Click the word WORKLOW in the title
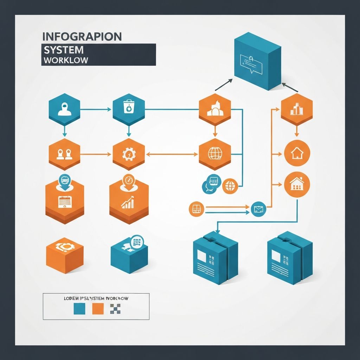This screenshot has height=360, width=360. pyautogui.click(x=66, y=60)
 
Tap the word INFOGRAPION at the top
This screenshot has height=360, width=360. pyautogui.click(x=82, y=36)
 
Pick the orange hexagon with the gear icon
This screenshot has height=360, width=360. pyautogui.click(x=129, y=154)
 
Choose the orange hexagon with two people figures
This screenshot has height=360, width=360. pyautogui.click(x=64, y=154)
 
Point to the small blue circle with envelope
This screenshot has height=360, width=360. pyautogui.click(x=259, y=210)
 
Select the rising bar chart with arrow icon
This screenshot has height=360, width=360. pyautogui.click(x=128, y=203)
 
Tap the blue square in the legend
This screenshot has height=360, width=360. pyautogui.click(x=79, y=309)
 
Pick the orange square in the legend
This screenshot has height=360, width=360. pyautogui.click(x=98, y=309)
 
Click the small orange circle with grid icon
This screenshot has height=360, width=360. pyautogui.click(x=196, y=209)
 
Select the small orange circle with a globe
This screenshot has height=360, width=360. pyautogui.click(x=230, y=186)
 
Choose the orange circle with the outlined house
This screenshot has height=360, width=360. pyautogui.click(x=297, y=153)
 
